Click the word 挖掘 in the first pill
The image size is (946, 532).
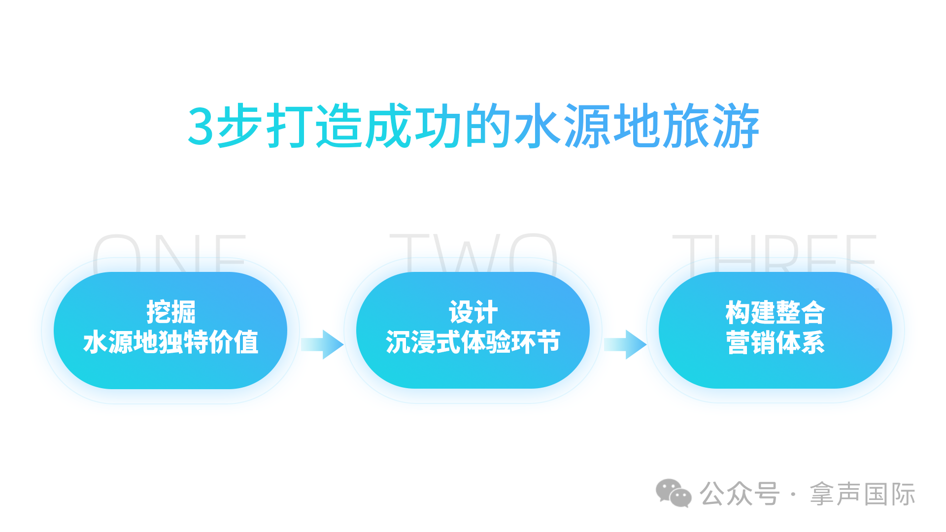coord(171,312)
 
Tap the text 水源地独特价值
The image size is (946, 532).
coord(171,342)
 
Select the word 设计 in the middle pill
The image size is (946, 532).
coord(473,312)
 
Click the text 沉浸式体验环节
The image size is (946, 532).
coord(473,342)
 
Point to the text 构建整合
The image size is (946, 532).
coord(775,312)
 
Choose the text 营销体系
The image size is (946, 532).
coord(775,342)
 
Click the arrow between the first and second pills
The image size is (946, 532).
coord(322,344)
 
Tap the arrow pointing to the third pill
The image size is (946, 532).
coord(625,344)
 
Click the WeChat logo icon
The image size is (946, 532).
coord(673,493)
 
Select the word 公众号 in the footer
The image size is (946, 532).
coord(740,494)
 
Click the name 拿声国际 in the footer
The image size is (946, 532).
coord(862,494)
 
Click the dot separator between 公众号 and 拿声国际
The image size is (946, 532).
coord(793,494)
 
